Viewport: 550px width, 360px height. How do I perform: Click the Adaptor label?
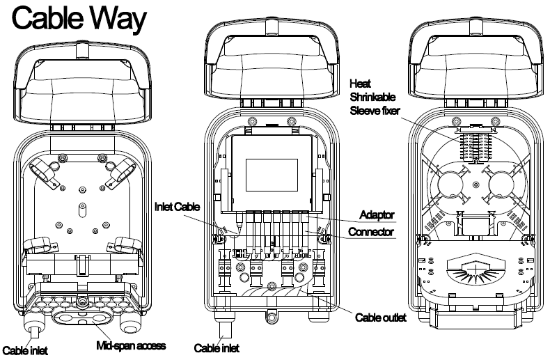[376, 213]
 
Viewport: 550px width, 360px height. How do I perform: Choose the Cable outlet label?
[377, 318]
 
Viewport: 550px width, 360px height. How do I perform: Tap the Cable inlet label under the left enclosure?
[26, 350]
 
